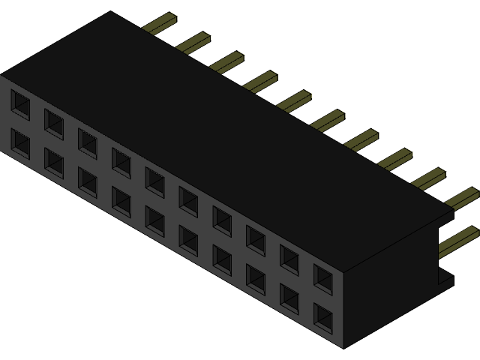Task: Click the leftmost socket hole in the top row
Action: coord(20,104)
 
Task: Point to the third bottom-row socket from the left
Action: coord(88,182)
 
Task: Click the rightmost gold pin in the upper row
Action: coord(462,196)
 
